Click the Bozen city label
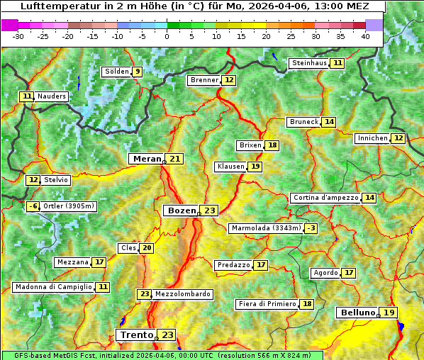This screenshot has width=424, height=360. pos(181,210)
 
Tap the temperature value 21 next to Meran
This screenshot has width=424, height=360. pos(174,159)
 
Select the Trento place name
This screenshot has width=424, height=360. pos(136,334)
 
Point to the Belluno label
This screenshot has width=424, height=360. pos(357,313)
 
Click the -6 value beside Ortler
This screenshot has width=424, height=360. pos(33,206)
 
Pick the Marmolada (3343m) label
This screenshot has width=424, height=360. pos(266,228)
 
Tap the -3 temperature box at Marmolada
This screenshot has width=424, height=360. pos(311,228)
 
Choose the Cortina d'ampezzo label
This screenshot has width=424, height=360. pos(325,198)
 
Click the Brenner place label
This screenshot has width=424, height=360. pos(204,80)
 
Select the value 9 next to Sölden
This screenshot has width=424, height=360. pos(137,72)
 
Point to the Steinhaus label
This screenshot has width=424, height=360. pos(309,63)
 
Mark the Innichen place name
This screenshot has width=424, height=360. pos(372,138)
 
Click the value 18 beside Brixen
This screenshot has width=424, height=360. pos(272,145)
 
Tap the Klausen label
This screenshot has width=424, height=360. pos(230,167)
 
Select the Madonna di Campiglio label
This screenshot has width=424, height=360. pos(53,287)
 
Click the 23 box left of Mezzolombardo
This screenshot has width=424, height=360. pos(145,294)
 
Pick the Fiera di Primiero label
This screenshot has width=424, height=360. pos(267,304)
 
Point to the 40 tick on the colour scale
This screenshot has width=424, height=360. pos(365,35)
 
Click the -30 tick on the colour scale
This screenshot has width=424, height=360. pos(18,35)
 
